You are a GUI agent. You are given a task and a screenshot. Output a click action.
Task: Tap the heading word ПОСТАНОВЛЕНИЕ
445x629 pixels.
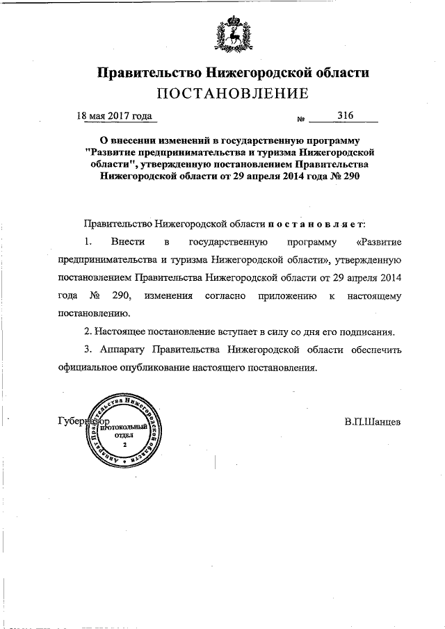point(232,93)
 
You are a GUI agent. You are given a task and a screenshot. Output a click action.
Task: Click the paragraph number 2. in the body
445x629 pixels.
point(88,332)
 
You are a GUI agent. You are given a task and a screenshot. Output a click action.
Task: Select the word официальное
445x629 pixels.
point(90,367)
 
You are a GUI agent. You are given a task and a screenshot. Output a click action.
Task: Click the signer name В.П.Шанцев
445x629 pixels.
point(373,422)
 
